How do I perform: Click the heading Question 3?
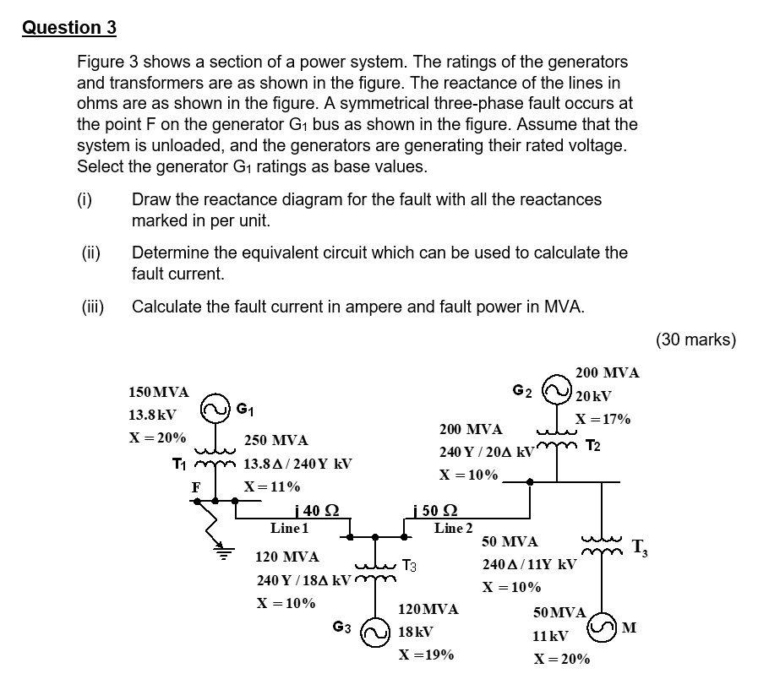click(69, 27)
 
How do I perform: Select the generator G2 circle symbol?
click(558, 390)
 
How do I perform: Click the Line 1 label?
click(289, 528)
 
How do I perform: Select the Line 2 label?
click(453, 528)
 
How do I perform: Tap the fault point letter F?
click(196, 486)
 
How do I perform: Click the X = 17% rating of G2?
click(603, 420)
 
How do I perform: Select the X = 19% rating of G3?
click(426, 655)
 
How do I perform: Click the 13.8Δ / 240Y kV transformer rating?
click(297, 464)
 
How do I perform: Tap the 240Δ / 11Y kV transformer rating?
click(529, 564)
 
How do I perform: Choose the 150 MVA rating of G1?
click(158, 393)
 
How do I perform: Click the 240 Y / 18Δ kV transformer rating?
click(303, 581)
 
